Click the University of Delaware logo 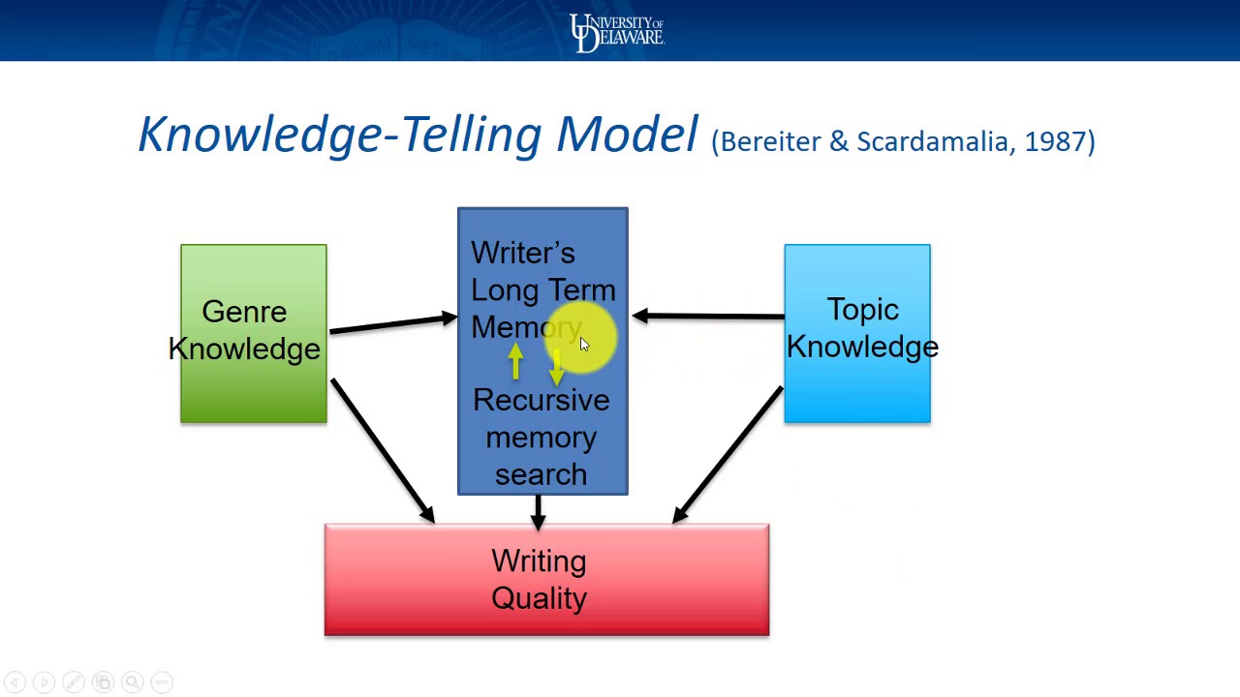(x=616, y=32)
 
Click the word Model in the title (x=626, y=134)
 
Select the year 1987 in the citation (x=1055, y=141)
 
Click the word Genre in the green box (x=244, y=312)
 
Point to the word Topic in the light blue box (x=862, y=310)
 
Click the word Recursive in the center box (x=541, y=401)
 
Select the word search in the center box (x=541, y=474)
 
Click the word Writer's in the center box (x=522, y=254)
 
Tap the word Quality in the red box (x=539, y=598)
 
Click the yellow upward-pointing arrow (x=515, y=362)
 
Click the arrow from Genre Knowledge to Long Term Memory (x=392, y=324)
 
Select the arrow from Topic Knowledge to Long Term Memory (x=707, y=316)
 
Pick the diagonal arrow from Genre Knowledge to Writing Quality (x=382, y=450)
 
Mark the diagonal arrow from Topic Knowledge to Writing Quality (x=728, y=455)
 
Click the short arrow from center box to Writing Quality (x=538, y=511)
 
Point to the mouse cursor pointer (x=583, y=345)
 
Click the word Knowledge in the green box (x=244, y=349)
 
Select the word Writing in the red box (x=539, y=561)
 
